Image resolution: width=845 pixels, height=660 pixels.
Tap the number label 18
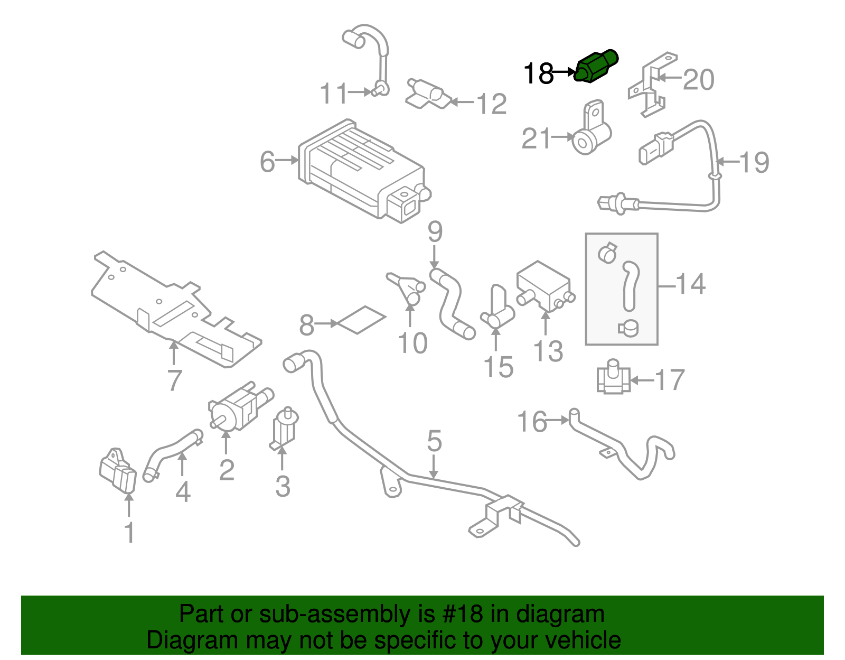[x=538, y=73]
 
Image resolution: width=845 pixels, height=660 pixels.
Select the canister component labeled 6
[x=359, y=169]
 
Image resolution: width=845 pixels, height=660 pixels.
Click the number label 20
[x=698, y=80]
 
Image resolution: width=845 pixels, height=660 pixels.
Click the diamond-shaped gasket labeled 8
[x=362, y=320]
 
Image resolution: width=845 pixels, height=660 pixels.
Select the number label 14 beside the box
[x=690, y=284]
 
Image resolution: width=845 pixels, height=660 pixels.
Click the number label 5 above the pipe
[x=434, y=441]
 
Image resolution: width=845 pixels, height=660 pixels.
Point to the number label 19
[x=754, y=162]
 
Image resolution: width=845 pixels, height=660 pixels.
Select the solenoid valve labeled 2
[x=235, y=410]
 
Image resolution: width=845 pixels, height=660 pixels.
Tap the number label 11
[x=334, y=94]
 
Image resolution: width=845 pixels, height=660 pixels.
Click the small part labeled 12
[x=429, y=96]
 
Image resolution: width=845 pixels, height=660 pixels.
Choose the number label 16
[x=532, y=422]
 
